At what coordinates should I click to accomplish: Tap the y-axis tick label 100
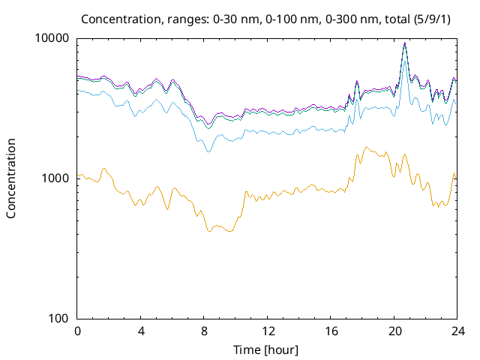pyautogui.click(x=60, y=318)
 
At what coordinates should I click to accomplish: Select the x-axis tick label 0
pyautogui.click(x=77, y=331)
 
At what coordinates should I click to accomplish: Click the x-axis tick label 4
pyautogui.click(x=141, y=331)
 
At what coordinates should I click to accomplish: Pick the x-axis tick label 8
pyautogui.click(x=204, y=331)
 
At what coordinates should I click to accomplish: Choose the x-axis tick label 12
pyautogui.click(x=268, y=331)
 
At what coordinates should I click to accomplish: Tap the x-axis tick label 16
pyautogui.click(x=331, y=331)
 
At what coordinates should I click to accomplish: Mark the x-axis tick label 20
pyautogui.click(x=394, y=331)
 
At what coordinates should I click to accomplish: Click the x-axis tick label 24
pyautogui.click(x=457, y=331)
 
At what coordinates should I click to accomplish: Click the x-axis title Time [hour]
pyautogui.click(x=268, y=349)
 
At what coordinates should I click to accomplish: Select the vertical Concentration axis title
pyautogui.click(x=11, y=178)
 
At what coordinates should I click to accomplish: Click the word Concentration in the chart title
pyautogui.click(x=115, y=18)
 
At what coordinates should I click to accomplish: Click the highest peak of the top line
pyautogui.click(x=404, y=43)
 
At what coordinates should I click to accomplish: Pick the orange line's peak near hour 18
pyautogui.click(x=365, y=147)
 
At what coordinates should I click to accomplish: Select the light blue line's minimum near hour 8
pyautogui.click(x=208, y=151)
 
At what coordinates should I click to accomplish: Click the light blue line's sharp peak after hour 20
pyautogui.click(x=404, y=61)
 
